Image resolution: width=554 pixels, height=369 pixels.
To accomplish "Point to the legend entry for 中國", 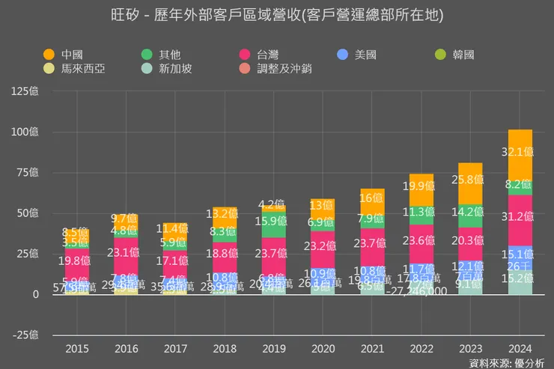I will coord(63,55).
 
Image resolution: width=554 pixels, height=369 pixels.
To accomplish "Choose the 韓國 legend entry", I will coord(457,55).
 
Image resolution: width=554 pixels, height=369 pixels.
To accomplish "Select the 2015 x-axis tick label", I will coord(76,349).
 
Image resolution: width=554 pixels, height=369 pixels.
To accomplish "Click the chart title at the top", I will coord(276,15).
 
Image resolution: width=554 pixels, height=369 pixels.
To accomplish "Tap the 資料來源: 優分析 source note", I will coord(507,363).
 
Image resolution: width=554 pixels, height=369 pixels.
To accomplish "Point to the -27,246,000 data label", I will coord(420,291).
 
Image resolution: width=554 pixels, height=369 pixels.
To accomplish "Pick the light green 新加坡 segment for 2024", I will coord(520,283).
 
